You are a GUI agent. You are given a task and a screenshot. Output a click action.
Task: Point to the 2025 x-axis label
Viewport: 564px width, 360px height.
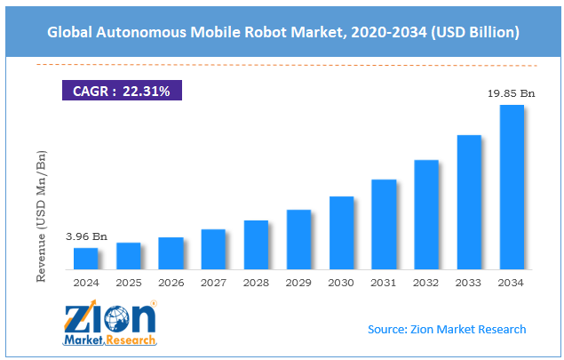click(128, 282)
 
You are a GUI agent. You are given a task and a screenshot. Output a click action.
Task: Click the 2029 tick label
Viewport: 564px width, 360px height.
click(298, 282)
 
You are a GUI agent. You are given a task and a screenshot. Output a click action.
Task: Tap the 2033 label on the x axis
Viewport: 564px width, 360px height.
click(469, 282)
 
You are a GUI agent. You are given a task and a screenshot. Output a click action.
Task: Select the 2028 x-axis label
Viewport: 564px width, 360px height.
click(256, 282)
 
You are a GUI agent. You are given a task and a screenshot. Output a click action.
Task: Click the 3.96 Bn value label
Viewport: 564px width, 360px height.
click(86, 237)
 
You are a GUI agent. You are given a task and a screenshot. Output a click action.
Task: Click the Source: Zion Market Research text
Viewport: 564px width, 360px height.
click(447, 329)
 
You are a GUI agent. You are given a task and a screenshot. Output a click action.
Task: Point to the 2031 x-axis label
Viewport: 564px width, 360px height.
click(384, 282)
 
